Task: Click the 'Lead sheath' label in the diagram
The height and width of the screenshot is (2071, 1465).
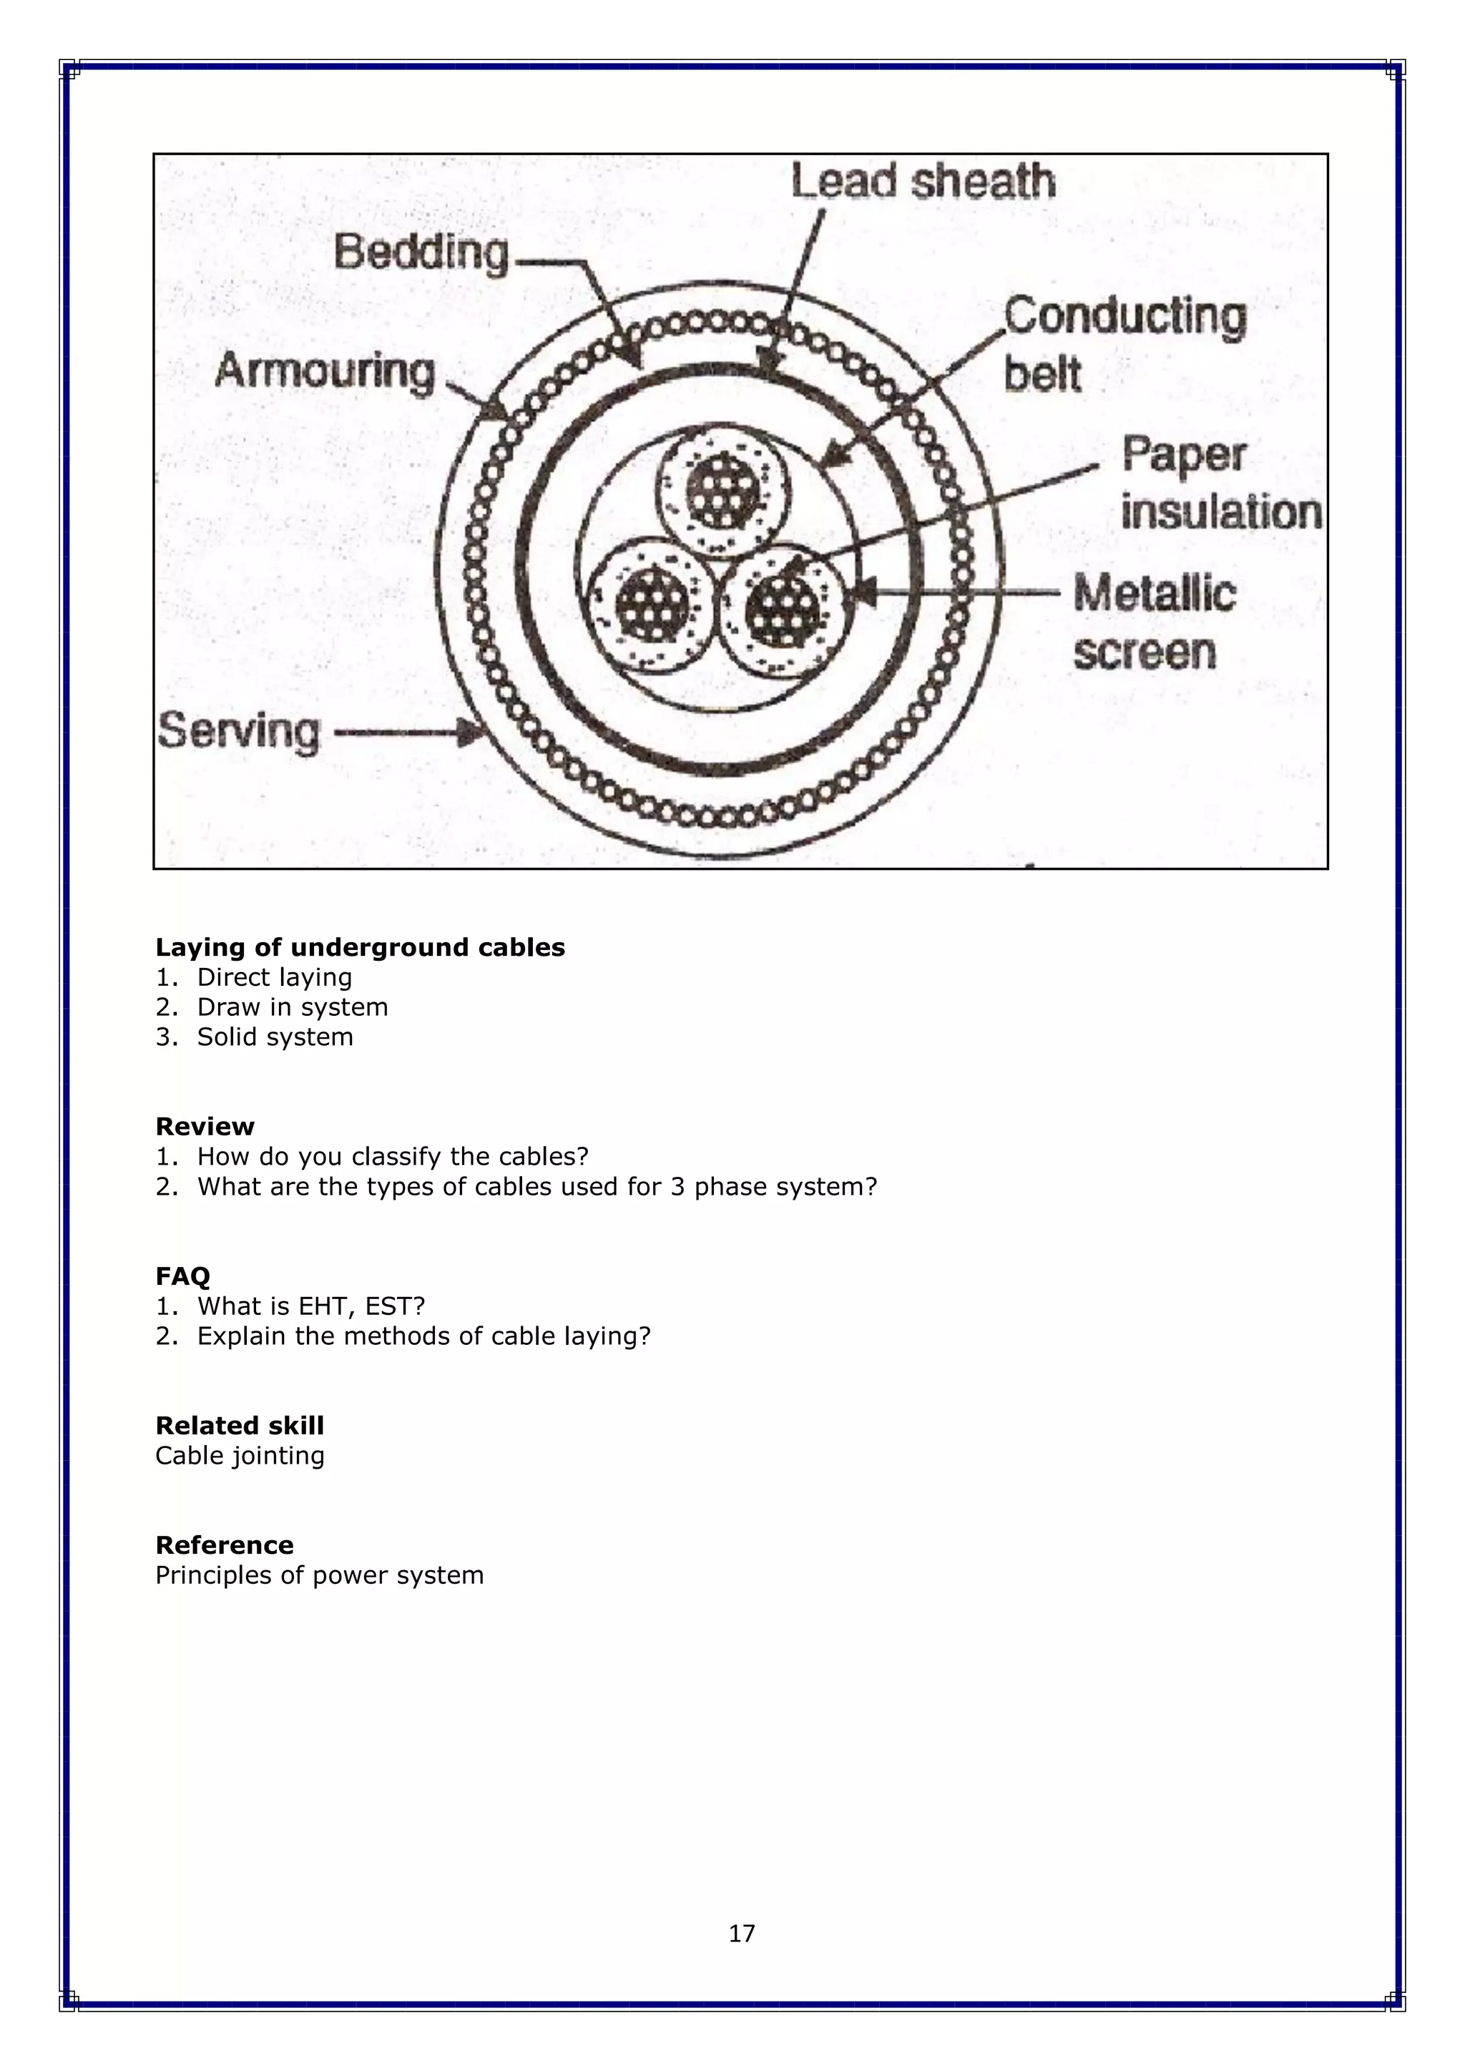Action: point(923,182)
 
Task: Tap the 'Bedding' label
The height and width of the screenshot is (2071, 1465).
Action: point(421,253)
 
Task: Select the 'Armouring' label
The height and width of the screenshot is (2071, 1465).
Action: point(325,371)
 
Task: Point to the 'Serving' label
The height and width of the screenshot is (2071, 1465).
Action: point(239,730)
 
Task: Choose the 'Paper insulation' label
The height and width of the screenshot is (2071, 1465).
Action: point(1220,484)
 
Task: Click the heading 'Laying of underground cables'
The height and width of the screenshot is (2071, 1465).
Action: point(360,947)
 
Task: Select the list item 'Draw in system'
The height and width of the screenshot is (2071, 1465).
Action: point(293,1007)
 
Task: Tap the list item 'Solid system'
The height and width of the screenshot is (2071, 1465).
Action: point(275,1037)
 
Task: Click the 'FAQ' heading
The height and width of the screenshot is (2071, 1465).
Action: point(182,1276)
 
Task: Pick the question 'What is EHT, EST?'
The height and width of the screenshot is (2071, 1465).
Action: point(310,1306)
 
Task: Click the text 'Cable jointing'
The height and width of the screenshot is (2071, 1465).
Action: point(240,1455)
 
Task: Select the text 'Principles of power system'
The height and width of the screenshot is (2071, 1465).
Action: point(319,1575)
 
